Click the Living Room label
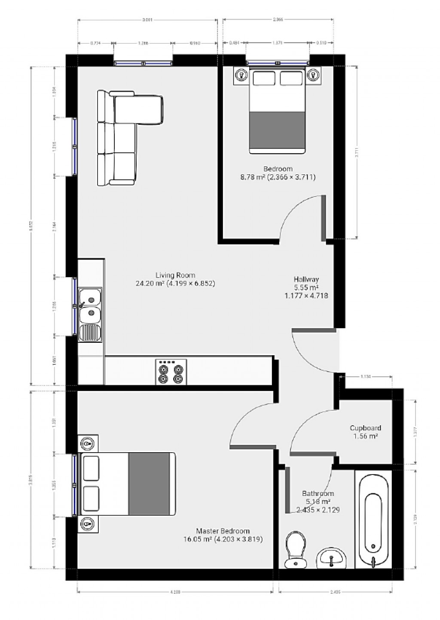click(x=175, y=275)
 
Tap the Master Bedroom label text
click(x=223, y=531)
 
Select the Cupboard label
click(x=365, y=428)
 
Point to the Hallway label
click(x=306, y=279)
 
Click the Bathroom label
click(x=318, y=493)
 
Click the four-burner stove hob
click(x=171, y=372)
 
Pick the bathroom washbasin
click(x=331, y=558)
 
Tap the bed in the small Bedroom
click(x=277, y=111)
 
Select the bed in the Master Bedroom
click(x=128, y=484)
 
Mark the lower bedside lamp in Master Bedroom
click(x=88, y=523)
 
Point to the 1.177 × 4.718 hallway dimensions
click(x=306, y=296)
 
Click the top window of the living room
click(x=143, y=63)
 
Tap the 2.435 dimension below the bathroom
click(x=335, y=592)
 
